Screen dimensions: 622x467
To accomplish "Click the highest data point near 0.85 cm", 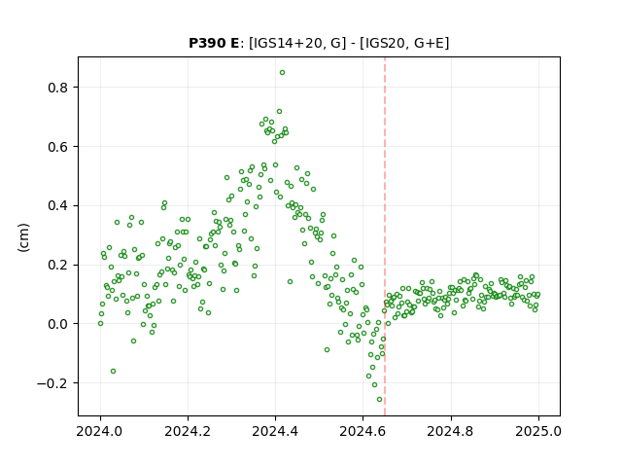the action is tap(282, 73).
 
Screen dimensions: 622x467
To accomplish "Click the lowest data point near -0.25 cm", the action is tap(379, 400).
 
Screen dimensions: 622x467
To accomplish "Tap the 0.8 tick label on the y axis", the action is tap(58, 88).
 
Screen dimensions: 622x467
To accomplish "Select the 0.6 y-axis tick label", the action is tap(58, 147).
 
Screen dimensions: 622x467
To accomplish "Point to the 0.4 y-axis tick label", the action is tap(58, 205).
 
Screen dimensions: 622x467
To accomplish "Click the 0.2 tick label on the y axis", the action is tap(58, 265).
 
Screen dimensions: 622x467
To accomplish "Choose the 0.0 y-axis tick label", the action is tap(58, 324).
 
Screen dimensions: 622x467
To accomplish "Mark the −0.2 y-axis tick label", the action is tap(52, 383).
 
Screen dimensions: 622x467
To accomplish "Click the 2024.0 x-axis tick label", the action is tap(100, 431).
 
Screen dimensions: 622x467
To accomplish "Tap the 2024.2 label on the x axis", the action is tap(188, 431).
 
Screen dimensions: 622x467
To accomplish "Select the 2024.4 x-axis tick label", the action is tap(275, 431).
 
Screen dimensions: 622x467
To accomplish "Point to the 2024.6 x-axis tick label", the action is tap(363, 431).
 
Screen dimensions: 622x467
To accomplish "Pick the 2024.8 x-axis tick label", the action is tap(450, 431).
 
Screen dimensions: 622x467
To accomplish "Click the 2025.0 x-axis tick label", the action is tap(538, 431).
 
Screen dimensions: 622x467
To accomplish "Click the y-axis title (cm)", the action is tap(23, 237).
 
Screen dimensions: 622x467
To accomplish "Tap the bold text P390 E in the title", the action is tap(214, 43).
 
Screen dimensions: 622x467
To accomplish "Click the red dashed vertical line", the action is tap(385, 236).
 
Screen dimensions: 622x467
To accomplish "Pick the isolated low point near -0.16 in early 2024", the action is tap(113, 372).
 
